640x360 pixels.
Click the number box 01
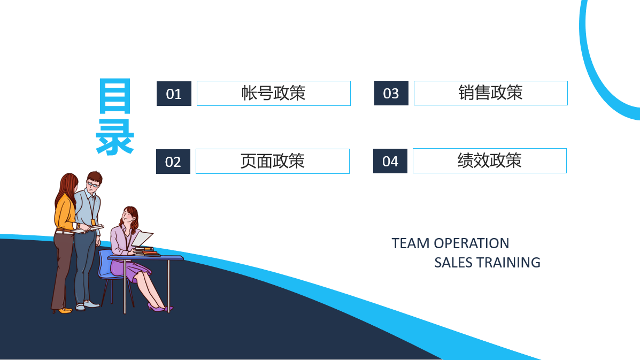174,94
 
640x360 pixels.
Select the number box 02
173,162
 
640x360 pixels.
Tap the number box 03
391,93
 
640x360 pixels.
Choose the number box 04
390,161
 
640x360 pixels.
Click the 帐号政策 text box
273,94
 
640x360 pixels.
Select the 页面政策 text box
273,161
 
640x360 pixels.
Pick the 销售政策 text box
491,93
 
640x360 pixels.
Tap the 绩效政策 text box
490,161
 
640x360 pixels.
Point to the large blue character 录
115,137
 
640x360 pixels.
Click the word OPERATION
472,243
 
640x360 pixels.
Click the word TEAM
411,243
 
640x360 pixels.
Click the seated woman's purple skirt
130,270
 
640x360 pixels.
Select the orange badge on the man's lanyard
93,223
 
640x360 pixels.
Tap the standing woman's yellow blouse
65,213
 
